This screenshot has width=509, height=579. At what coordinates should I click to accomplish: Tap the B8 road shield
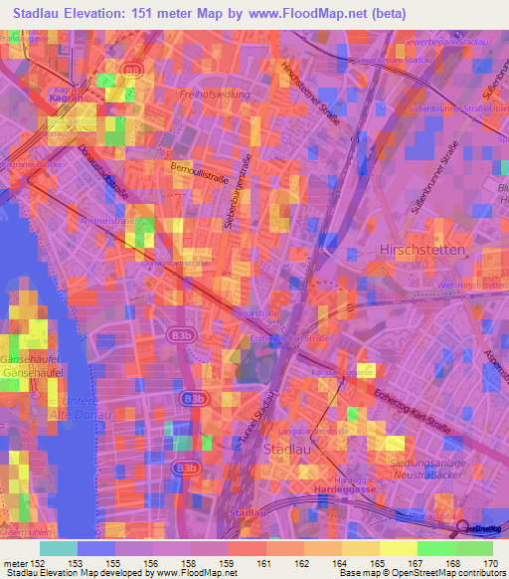pyautogui.click(x=132, y=69)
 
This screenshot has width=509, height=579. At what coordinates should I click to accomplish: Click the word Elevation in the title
pyautogui.click(x=101, y=13)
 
